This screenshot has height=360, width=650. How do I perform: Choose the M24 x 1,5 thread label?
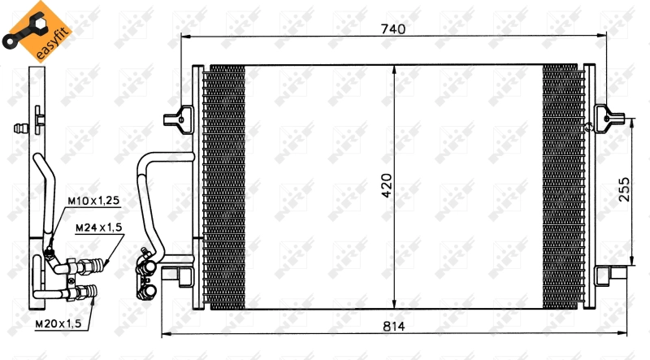[98, 228]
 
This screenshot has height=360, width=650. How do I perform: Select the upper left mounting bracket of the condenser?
[177, 120]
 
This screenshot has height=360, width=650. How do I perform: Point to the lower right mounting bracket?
[609, 275]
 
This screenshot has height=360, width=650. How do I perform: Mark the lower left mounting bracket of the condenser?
[175, 275]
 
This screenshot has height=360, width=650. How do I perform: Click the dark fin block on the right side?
[563, 187]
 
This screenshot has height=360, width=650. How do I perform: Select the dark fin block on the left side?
[223, 187]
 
